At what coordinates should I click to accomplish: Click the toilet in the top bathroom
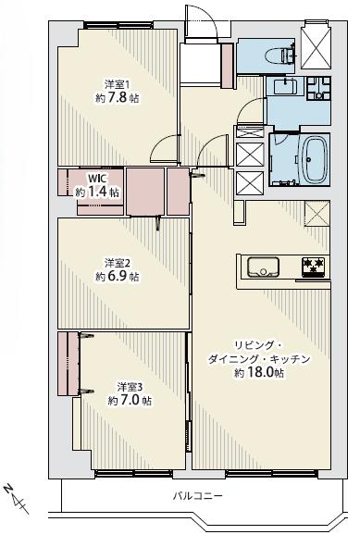click(x=279, y=56)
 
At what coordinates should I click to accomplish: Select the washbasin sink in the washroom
click(x=284, y=89)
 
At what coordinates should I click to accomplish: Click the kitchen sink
click(x=263, y=268)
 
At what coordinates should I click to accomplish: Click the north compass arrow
click(x=18, y=498)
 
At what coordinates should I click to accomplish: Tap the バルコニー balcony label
click(x=198, y=496)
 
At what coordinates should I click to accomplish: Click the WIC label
click(x=97, y=179)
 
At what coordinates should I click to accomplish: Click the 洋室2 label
click(x=116, y=261)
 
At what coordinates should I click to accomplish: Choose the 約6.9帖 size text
click(x=118, y=276)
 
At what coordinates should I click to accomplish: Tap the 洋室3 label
click(x=129, y=385)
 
